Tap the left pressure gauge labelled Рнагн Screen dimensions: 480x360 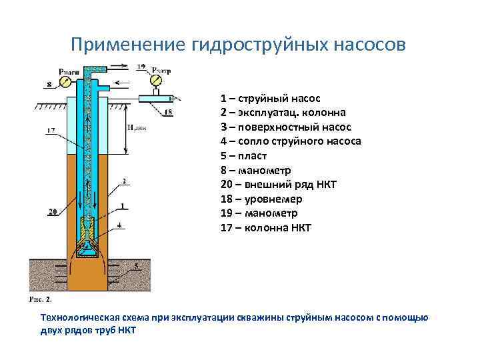[66, 81]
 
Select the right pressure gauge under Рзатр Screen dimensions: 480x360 [155, 81]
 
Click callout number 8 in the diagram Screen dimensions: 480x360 [49, 85]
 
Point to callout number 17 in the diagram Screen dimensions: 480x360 [51, 131]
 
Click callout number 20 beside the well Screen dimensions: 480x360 [51, 212]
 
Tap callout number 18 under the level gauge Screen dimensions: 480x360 [167, 113]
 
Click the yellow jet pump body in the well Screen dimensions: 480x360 [87, 230]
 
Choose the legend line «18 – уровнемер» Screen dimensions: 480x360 [261, 199]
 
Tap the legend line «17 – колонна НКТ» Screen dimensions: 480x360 [265, 228]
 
